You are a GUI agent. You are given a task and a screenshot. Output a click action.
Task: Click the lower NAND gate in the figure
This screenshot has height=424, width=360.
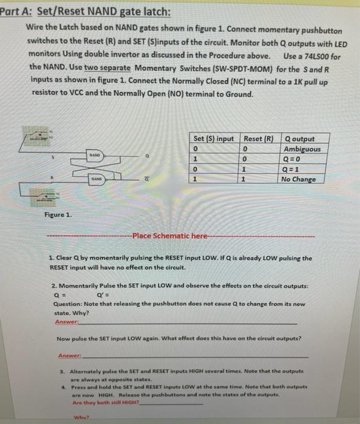[x=97, y=179]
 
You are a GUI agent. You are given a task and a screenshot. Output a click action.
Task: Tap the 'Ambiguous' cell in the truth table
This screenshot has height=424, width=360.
[x=302, y=149]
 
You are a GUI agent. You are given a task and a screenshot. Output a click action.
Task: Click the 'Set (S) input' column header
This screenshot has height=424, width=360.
[x=214, y=139]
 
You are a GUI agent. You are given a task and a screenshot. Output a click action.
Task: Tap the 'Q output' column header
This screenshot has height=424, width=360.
[x=299, y=139]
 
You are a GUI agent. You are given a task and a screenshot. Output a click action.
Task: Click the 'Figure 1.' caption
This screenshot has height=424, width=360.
[x=58, y=214]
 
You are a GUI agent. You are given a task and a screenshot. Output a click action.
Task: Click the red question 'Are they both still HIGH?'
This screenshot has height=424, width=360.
[x=105, y=402]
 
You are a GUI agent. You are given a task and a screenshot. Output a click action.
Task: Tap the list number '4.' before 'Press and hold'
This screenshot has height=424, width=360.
[x=63, y=386]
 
